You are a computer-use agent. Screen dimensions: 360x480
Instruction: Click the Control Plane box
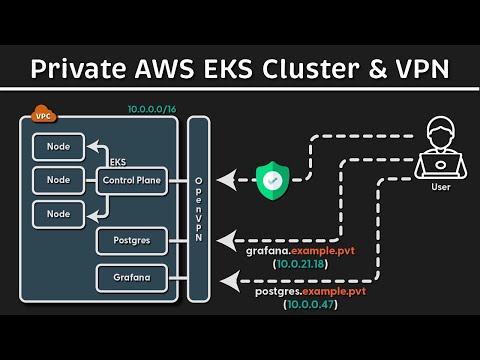(131, 180)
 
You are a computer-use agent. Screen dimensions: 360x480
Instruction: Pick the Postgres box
(131, 240)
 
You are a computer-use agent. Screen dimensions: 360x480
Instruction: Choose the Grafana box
(131, 277)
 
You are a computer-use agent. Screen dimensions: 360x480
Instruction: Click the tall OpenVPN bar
(198, 210)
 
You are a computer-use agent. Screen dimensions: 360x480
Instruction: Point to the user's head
(441, 132)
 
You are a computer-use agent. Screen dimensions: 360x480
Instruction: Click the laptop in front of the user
(441, 164)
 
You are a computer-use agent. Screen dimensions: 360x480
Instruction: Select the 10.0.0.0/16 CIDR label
(150, 107)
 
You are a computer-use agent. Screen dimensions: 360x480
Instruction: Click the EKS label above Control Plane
(118, 159)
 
